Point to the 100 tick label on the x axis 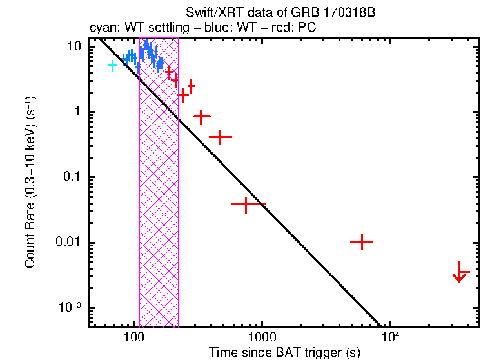133,337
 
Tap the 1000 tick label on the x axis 261,337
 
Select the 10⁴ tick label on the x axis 389,336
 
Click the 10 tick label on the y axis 75,47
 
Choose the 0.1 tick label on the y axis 73,177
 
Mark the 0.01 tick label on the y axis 70,243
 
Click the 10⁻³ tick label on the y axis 70,308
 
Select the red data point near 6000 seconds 362,241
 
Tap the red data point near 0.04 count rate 247,204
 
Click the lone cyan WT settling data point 113,65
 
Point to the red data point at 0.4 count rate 221,137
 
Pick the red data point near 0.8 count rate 202,117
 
